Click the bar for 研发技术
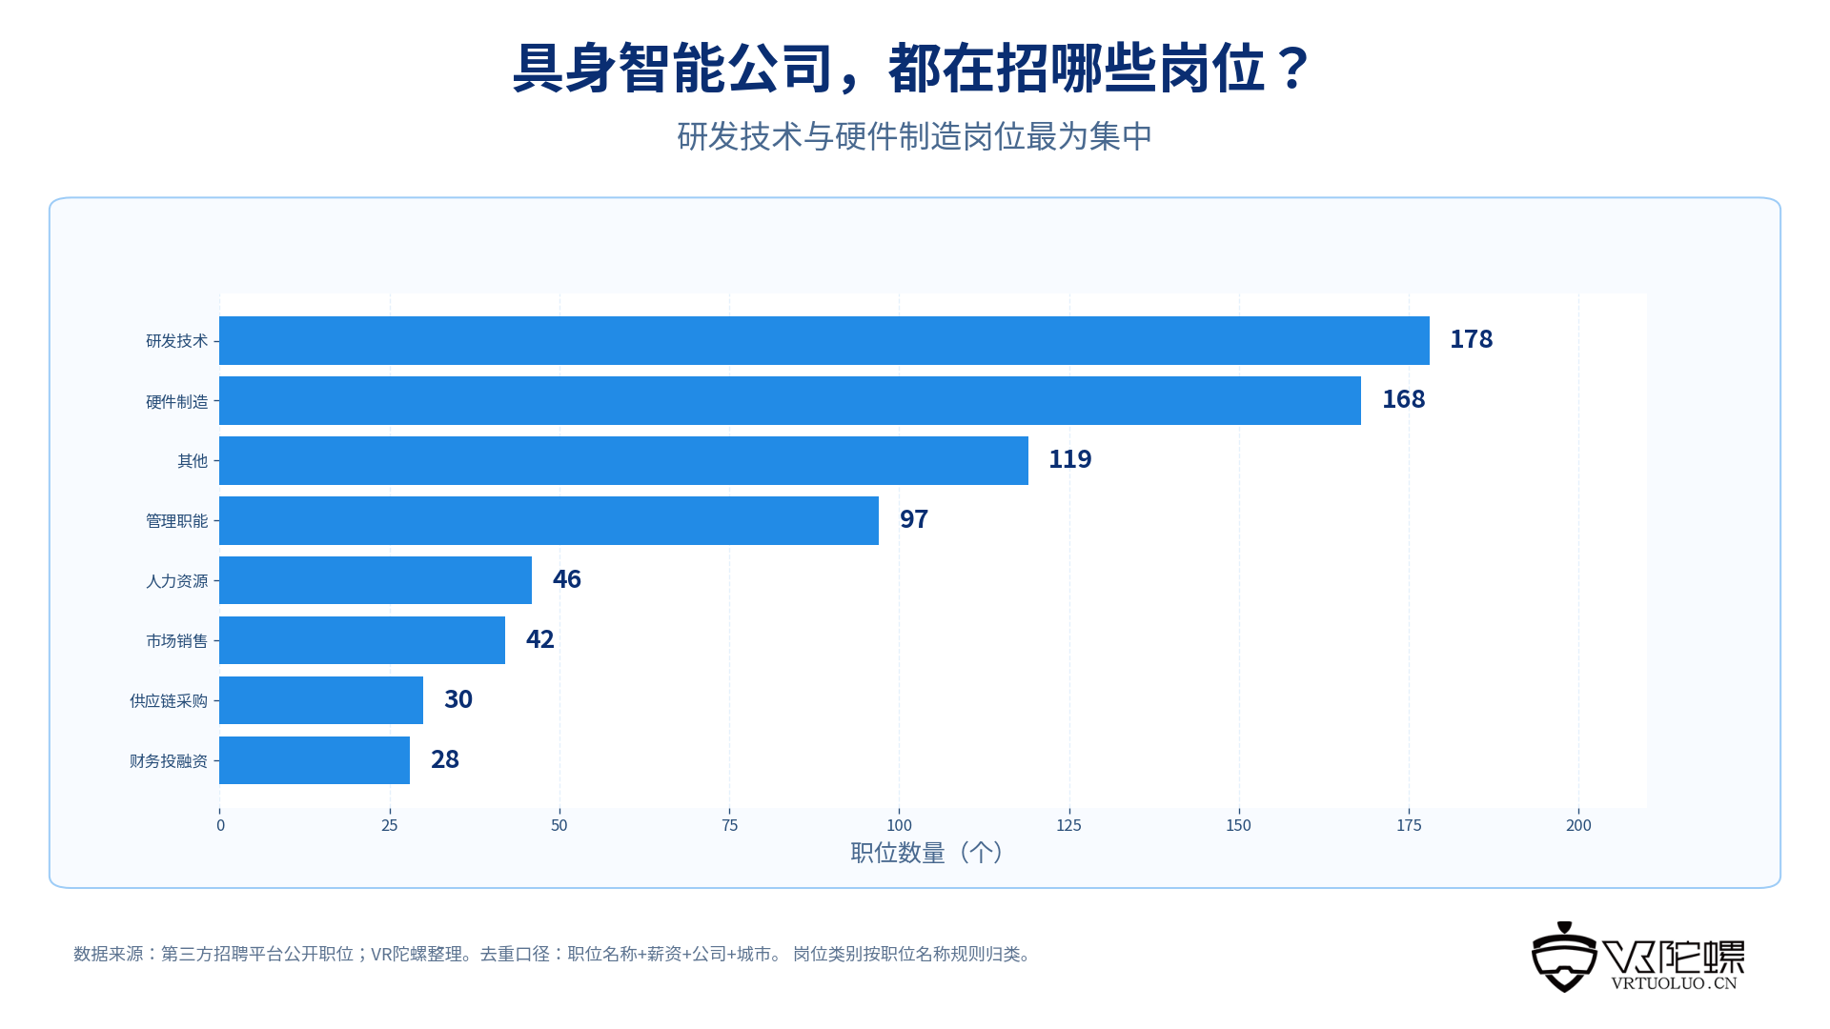click(x=824, y=340)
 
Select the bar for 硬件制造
click(x=790, y=400)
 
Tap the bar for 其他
click(x=623, y=460)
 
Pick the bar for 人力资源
click(x=376, y=580)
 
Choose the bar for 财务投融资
click(x=315, y=760)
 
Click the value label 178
click(x=1471, y=339)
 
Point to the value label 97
click(x=913, y=519)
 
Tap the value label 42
click(x=539, y=639)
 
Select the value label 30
click(x=457, y=699)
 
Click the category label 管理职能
click(x=176, y=521)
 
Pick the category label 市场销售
click(x=176, y=641)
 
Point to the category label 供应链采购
click(x=169, y=701)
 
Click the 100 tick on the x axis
click(x=899, y=825)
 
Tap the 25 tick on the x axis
click(x=389, y=825)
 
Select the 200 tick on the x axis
click(x=1578, y=825)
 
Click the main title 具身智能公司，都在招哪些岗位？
click(x=912, y=69)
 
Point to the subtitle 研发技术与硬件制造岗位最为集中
click(x=914, y=136)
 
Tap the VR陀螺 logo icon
click(x=1564, y=958)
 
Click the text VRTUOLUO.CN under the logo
click(x=1674, y=983)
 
